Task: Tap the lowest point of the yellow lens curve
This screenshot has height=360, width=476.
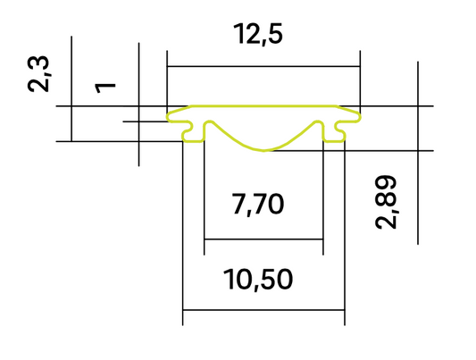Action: coord(263,150)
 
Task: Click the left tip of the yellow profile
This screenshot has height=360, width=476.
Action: coord(169,116)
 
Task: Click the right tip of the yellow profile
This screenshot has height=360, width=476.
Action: coord(362,115)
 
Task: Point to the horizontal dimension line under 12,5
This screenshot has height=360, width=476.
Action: coord(263,66)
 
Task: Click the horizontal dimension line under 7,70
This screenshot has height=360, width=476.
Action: coord(263,239)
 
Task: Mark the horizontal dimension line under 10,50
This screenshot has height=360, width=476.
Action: coord(263,311)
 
